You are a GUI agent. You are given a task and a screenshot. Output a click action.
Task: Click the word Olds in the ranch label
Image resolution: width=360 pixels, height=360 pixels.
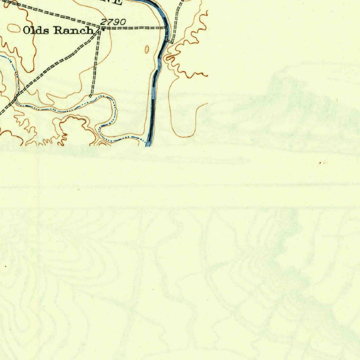(x=34, y=31)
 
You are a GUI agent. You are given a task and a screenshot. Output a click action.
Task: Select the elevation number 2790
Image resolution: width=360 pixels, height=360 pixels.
(x=113, y=22)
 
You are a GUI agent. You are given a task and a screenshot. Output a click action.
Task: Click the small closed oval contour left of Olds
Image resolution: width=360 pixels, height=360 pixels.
(x=13, y=27)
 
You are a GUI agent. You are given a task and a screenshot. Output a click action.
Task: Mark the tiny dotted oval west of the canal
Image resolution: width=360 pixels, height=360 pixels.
(x=147, y=50)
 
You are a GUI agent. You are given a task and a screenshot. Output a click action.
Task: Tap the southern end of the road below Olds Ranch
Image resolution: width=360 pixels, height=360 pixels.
(x=91, y=95)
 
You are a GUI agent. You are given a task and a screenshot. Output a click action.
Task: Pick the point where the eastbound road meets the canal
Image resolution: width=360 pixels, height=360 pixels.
(x=166, y=27)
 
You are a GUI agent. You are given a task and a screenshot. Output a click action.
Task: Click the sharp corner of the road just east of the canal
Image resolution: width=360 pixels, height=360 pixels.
(x=172, y=43)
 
